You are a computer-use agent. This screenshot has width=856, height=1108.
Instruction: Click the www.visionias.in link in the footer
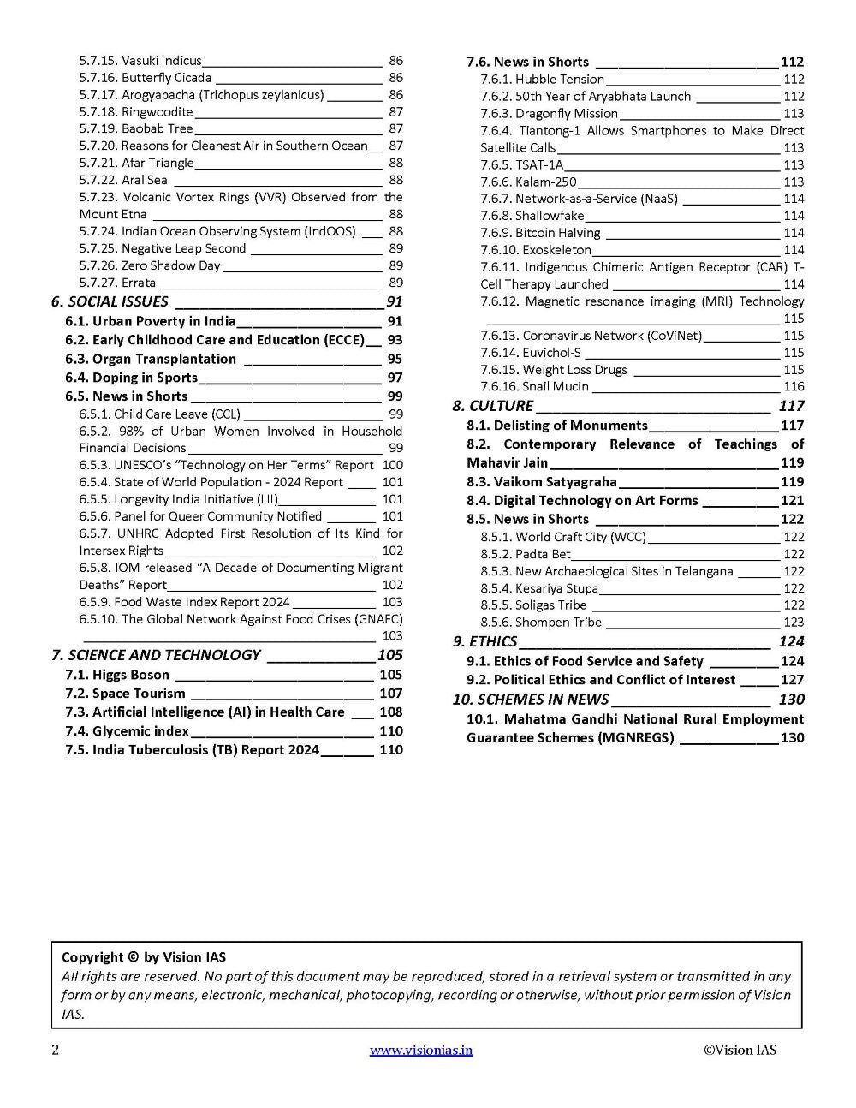point(420,1050)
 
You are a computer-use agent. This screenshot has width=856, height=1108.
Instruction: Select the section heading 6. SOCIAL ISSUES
point(110,301)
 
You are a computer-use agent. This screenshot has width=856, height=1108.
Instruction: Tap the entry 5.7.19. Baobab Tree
point(136,128)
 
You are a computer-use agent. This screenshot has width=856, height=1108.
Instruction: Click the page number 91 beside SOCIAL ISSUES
point(394,301)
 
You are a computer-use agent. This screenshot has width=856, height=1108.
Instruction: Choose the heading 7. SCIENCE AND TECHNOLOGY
point(155,655)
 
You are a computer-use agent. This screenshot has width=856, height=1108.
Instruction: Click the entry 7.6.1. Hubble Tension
point(542,79)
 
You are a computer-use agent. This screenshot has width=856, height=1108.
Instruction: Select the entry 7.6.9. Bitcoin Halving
point(540,233)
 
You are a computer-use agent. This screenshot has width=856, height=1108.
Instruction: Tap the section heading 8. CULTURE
point(492,406)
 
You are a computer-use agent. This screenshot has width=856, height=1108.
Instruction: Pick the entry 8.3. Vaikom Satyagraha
point(541,481)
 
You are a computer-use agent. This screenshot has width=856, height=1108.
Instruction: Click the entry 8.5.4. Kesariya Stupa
point(539,588)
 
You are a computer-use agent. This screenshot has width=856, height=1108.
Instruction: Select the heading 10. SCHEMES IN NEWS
point(530,699)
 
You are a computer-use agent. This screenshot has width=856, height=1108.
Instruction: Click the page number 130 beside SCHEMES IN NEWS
point(791,699)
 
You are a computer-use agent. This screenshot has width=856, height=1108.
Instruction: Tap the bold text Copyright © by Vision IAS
point(144,957)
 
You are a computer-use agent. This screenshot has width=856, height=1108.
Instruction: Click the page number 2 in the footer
point(56,1050)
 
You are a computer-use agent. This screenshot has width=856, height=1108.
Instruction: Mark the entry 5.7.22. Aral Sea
point(123,180)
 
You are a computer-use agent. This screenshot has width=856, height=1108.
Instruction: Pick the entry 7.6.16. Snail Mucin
point(534,386)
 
